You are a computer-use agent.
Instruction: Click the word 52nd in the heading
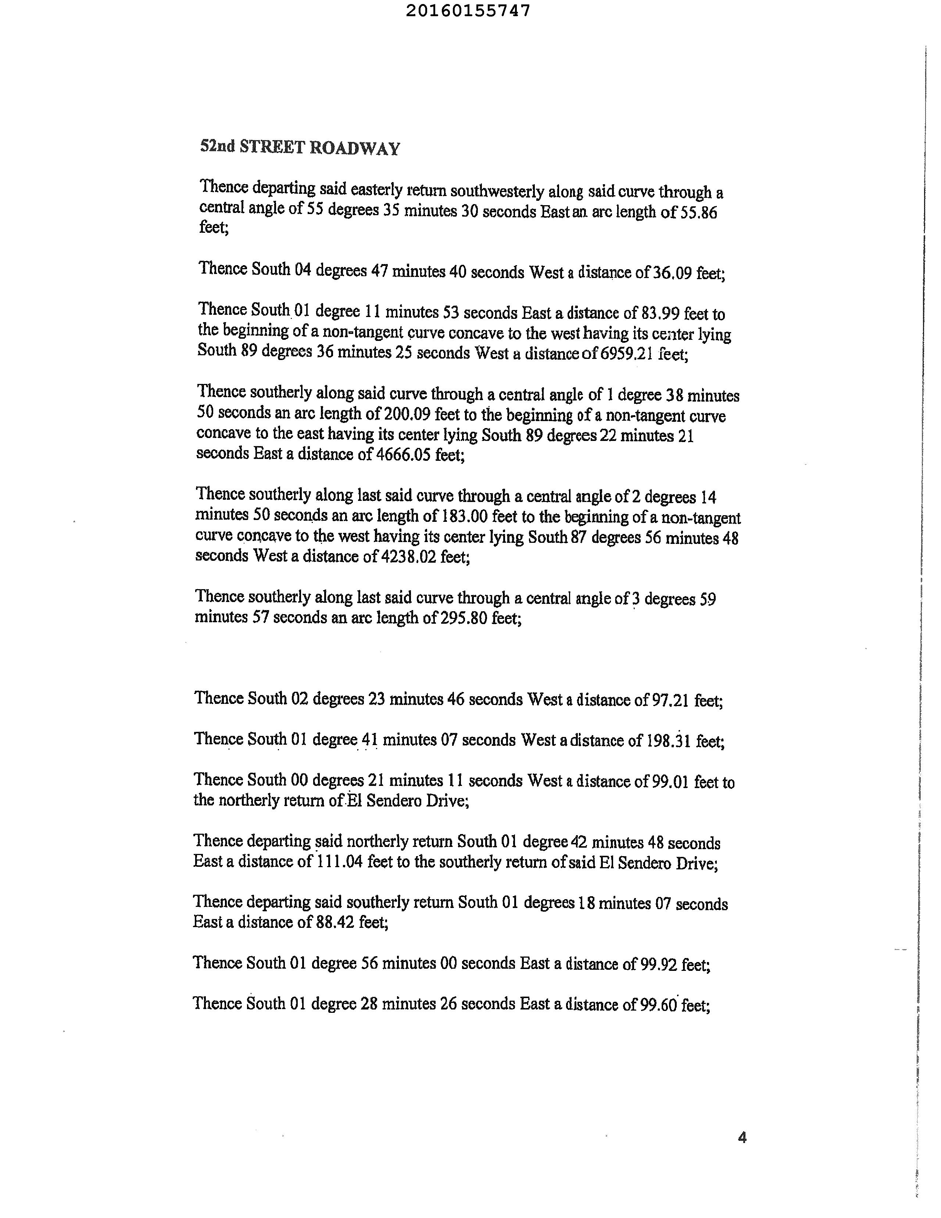pos(217,147)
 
